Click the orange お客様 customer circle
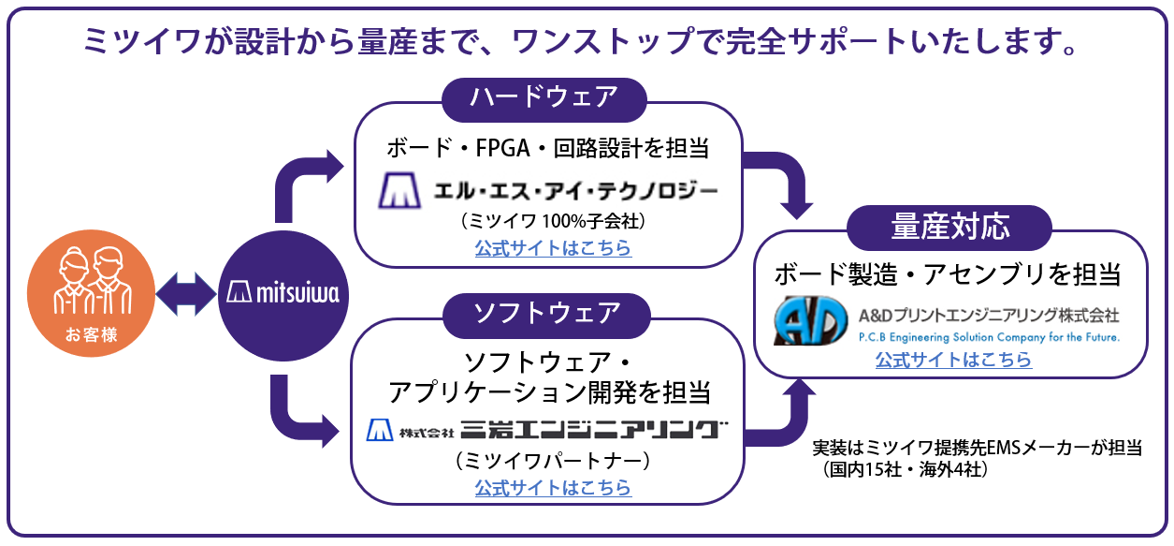92,294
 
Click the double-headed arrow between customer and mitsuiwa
187,294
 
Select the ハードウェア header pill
544,97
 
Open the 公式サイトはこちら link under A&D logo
953,360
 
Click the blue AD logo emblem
810,321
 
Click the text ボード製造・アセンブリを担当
948,274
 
